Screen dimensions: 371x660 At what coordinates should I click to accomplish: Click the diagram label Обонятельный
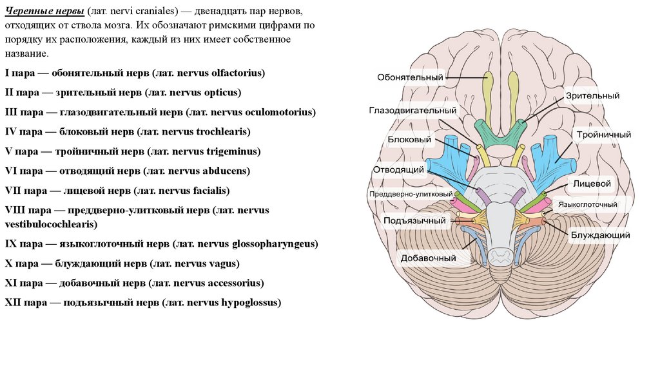point(410,78)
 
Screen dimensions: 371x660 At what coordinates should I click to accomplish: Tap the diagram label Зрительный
point(593,95)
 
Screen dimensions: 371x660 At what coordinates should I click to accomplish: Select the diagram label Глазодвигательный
point(412,110)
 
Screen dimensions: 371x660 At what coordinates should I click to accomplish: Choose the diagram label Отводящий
point(398,169)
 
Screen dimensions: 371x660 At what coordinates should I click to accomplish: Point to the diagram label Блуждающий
point(599,235)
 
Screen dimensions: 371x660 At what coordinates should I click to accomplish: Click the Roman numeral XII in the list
point(14,302)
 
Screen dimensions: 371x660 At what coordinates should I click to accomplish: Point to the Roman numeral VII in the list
point(14,191)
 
